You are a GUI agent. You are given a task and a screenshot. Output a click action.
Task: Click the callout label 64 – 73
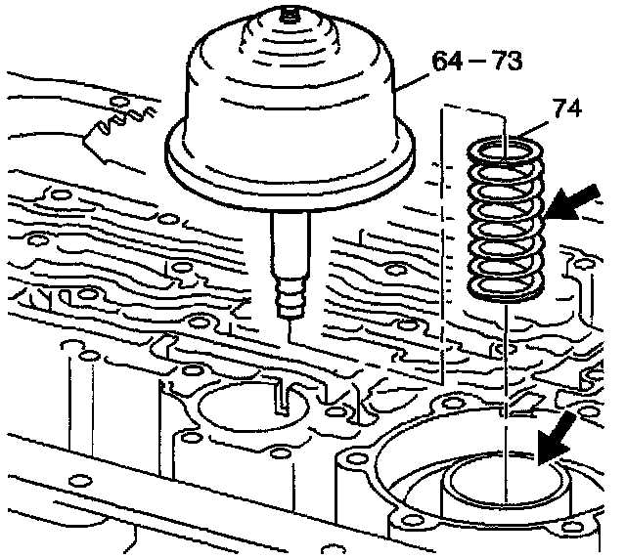click(477, 61)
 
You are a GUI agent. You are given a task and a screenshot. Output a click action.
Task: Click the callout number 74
click(567, 108)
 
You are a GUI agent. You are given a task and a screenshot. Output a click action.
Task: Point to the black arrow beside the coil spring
click(573, 203)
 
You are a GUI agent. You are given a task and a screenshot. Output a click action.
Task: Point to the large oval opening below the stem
click(253, 408)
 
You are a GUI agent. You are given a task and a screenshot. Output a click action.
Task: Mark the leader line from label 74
click(534, 130)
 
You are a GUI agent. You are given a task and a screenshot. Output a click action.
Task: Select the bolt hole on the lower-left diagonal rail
click(80, 481)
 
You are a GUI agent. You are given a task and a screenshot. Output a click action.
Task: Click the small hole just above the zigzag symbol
click(119, 100)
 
